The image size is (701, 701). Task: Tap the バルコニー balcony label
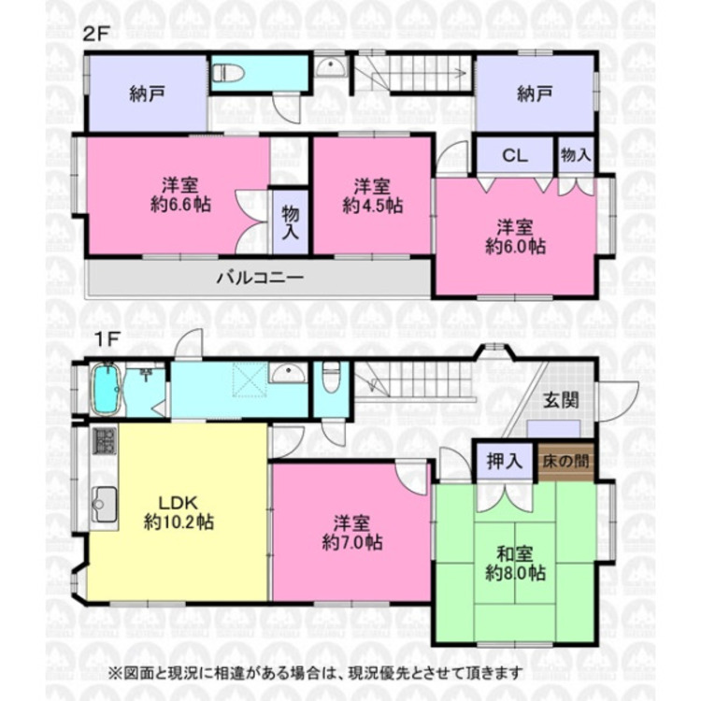[259, 278]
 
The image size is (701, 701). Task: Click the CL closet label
[515, 155]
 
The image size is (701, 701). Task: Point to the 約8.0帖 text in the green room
[515, 573]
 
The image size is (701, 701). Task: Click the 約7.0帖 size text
[350, 541]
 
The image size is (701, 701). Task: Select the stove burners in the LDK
[104, 441]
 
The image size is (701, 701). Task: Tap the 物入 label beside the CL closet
[576, 155]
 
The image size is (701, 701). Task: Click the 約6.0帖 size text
[515, 246]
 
